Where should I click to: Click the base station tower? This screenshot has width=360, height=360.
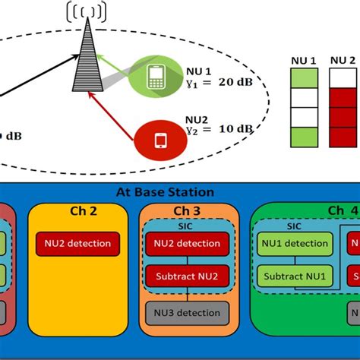(87, 57)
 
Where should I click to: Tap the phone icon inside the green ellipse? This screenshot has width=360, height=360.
(155, 76)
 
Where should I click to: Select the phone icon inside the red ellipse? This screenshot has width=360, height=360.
(160, 139)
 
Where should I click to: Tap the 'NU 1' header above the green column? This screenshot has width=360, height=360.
(305, 59)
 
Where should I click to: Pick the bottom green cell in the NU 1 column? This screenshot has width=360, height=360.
(305, 137)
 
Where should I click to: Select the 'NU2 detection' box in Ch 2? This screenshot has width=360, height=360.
(69, 244)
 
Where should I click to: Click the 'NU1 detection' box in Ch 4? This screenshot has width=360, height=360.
(294, 244)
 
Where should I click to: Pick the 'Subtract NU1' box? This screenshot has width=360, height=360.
(294, 276)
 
